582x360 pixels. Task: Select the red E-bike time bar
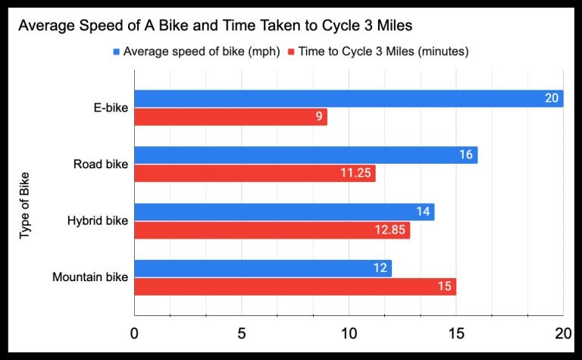click(230, 117)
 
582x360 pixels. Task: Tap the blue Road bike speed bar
click(305, 155)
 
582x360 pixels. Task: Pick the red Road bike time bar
click(255, 174)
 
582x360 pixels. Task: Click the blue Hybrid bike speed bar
click(284, 211)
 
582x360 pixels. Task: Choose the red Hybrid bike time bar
click(272, 230)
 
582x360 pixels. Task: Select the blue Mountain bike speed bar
click(263, 268)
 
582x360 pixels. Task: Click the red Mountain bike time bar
click(295, 287)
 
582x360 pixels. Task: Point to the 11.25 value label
click(355, 174)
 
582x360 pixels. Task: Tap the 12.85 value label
click(390, 230)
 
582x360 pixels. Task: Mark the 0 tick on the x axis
click(134, 334)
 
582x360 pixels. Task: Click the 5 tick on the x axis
click(241, 334)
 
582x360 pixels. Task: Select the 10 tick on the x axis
click(349, 334)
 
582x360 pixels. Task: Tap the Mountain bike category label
click(90, 277)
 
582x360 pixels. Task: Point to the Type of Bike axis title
click(24, 205)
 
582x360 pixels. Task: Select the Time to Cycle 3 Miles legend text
click(383, 52)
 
